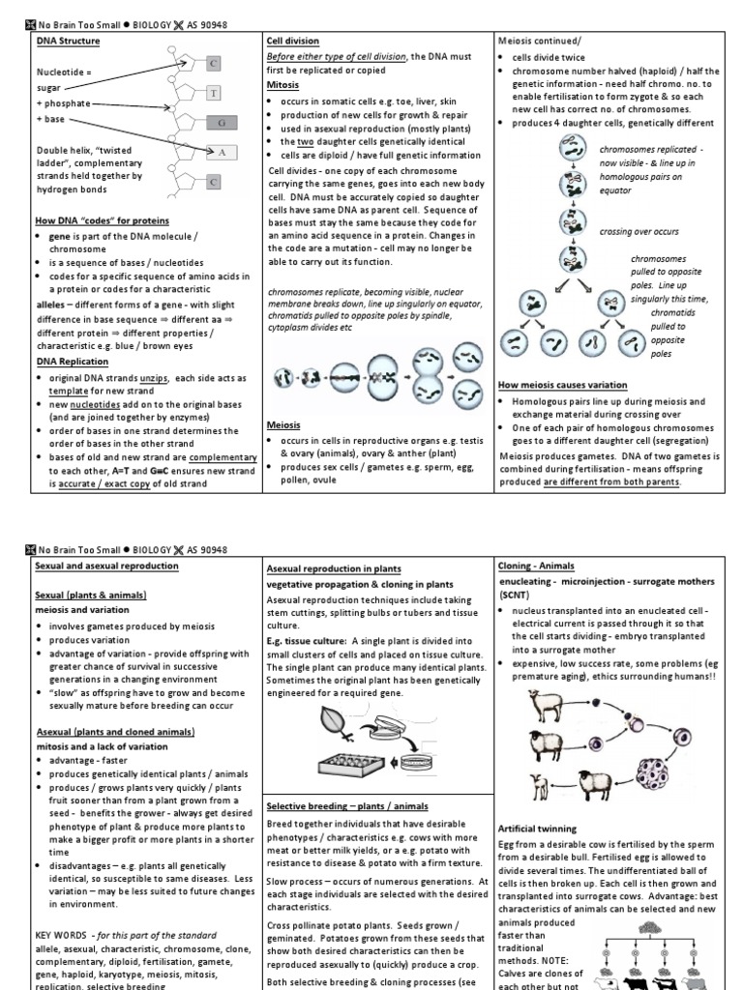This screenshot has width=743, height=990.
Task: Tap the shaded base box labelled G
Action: [x=221, y=123]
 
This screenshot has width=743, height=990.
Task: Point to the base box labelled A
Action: [x=222, y=152]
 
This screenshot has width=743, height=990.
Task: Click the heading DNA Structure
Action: [x=68, y=42]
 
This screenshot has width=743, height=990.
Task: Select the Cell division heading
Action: [x=293, y=42]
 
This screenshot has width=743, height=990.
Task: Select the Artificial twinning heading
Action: [x=537, y=829]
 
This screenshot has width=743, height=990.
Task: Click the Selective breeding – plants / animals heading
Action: [x=347, y=805]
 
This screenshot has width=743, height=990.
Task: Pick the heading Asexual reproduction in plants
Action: [x=333, y=569]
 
